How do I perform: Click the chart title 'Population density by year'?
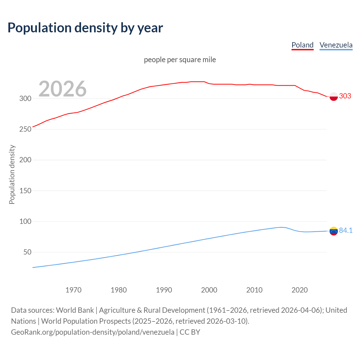click(x=85, y=28)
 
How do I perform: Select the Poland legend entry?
click(x=302, y=45)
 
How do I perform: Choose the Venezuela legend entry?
click(x=336, y=45)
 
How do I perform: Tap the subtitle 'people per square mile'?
click(x=180, y=60)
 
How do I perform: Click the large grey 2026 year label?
click(x=62, y=89)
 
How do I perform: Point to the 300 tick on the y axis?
click(x=25, y=98)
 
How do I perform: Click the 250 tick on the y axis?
click(x=25, y=129)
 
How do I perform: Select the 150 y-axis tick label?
click(x=25, y=191)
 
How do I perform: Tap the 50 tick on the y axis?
click(x=27, y=252)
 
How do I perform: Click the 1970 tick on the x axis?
click(x=73, y=290)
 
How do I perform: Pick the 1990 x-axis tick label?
click(x=164, y=290)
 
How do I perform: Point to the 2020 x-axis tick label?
click(x=300, y=290)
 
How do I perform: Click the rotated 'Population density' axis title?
click(x=12, y=174)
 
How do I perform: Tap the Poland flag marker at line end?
click(x=334, y=96)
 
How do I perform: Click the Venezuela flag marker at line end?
click(x=334, y=231)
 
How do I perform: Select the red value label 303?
click(x=345, y=96)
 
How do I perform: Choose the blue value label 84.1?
click(x=346, y=230)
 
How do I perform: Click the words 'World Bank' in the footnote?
click(x=75, y=310)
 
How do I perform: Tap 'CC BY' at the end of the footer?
click(x=190, y=332)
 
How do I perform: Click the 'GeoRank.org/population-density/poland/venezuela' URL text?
click(x=93, y=332)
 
